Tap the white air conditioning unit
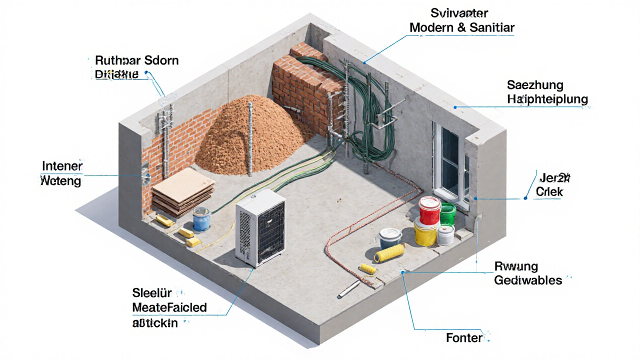coord(260,227)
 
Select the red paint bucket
coord(429,210)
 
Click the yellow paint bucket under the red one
coord(425,232)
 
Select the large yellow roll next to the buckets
coord(389,252)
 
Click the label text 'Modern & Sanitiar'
coord(461,28)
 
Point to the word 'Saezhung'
coord(535,84)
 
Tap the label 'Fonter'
coord(464,338)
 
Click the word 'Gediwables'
coord(528,280)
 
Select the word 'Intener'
coord(62,166)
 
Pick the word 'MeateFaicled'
coord(169,307)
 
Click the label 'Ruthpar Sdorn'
coord(136,61)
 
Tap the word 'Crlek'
coord(549,191)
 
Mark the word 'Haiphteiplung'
coord(547,99)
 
